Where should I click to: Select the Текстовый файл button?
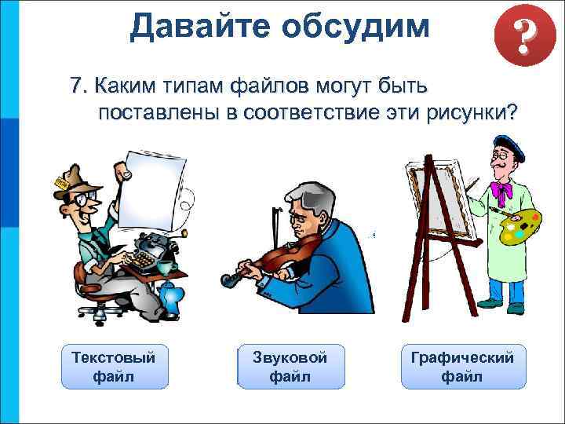click(x=115, y=367)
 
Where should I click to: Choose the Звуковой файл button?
click(x=290, y=367)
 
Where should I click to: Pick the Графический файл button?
click(x=463, y=367)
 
